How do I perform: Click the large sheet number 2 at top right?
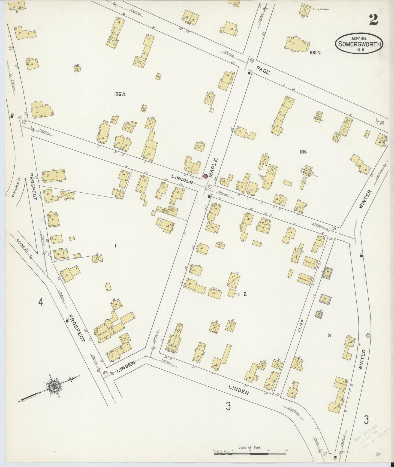pyautogui.click(x=374, y=20)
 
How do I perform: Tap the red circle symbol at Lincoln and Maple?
pyautogui.click(x=206, y=176)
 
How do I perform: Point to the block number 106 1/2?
pyautogui.click(x=315, y=53)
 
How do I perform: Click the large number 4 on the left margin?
pyautogui.click(x=41, y=302)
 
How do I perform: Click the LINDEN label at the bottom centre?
pyautogui.click(x=239, y=390)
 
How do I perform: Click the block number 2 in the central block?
pyautogui.click(x=245, y=294)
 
